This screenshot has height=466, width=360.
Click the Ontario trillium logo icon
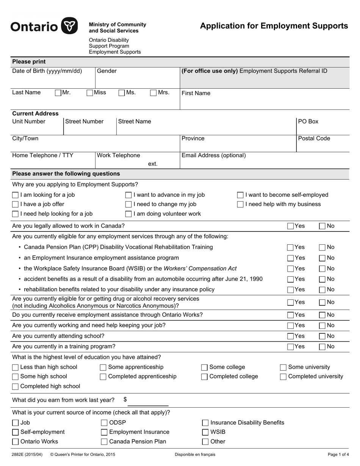[x=70, y=26]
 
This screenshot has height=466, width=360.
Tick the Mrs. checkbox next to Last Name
[x=153, y=92]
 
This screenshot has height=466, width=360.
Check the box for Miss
[x=90, y=92]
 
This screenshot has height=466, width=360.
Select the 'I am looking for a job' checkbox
[x=15, y=195]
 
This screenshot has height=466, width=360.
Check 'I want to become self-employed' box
[x=240, y=195]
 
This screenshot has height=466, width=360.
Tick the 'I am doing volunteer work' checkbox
[x=128, y=214]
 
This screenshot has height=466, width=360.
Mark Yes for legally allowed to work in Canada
[x=290, y=226]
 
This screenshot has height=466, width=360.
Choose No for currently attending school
[x=322, y=336]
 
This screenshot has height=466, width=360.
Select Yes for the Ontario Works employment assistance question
[x=290, y=315]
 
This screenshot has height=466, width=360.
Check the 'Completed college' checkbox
[x=204, y=377]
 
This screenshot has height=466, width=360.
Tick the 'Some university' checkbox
[x=283, y=367]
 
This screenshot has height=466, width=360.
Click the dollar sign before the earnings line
[x=125, y=399]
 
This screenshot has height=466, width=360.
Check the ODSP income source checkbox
[x=104, y=423]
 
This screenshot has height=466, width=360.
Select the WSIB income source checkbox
[x=205, y=432]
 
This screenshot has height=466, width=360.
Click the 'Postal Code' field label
[x=314, y=138]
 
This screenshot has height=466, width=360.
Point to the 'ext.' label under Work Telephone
[x=153, y=164]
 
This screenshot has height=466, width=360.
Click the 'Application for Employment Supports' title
[x=274, y=26]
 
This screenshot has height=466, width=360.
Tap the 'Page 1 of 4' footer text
[x=338, y=454]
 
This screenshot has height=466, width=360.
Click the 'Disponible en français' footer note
[x=195, y=454]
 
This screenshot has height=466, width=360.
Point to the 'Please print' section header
[x=29, y=62]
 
